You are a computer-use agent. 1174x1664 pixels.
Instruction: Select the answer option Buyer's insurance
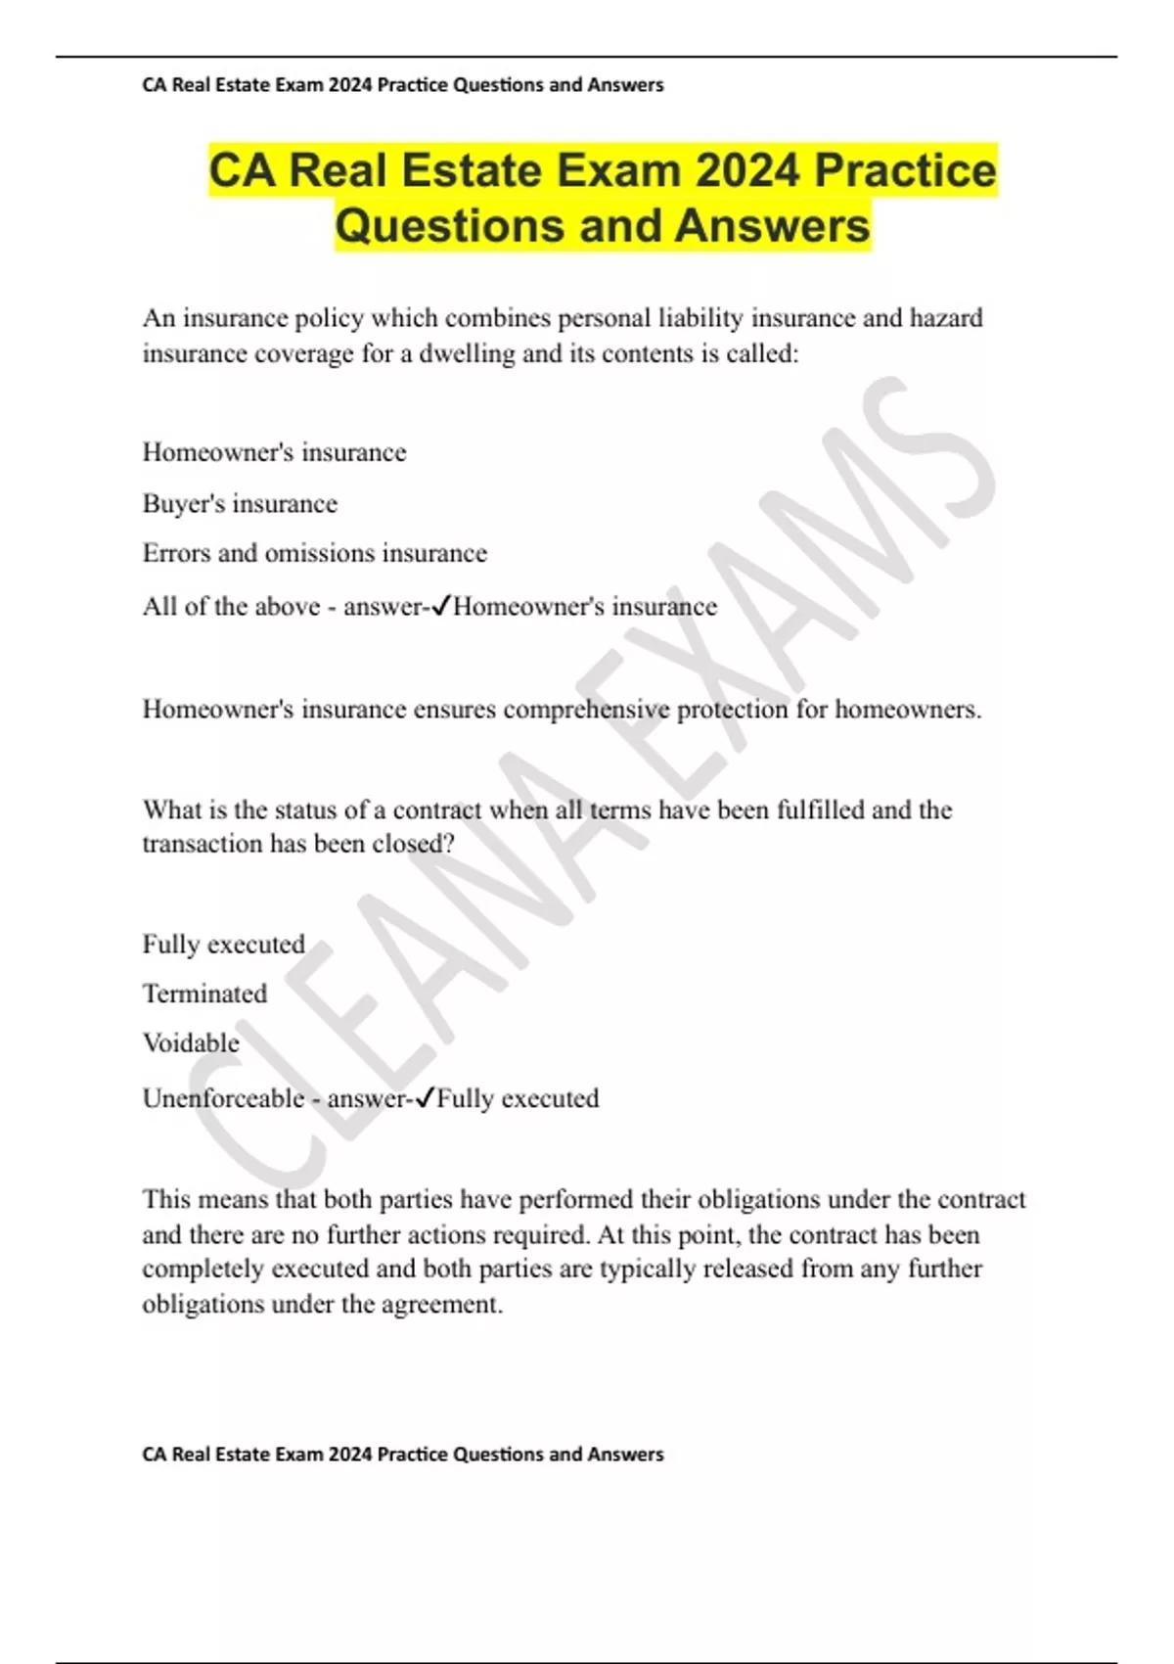[240, 503]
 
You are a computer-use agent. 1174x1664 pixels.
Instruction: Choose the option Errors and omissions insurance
[314, 553]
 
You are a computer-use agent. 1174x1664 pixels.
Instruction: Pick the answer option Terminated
[204, 994]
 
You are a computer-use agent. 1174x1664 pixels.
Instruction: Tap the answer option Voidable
[191, 1042]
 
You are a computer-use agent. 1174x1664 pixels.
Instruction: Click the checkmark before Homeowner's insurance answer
[440, 606]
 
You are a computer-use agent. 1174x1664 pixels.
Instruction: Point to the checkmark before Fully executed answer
[424, 1098]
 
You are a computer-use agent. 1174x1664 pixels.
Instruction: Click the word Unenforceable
[223, 1098]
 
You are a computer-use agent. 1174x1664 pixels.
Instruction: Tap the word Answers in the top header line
[625, 85]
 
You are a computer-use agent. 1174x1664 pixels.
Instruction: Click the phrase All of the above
[231, 606]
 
